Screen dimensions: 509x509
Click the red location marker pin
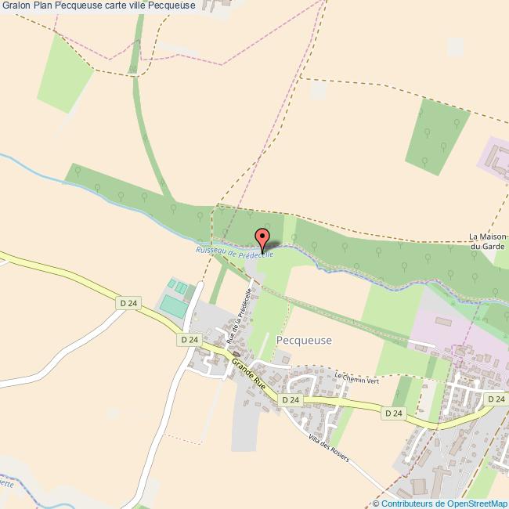[262, 238]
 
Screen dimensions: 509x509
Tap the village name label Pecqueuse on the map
[305, 340]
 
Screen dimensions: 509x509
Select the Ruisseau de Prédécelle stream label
[234, 251]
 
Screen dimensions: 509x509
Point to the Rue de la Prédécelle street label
[238, 316]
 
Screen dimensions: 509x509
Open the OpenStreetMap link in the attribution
[472, 503]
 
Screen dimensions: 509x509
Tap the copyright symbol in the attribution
[376, 503]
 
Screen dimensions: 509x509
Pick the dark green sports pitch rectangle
[173, 306]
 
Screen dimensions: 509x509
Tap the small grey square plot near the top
[317, 90]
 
